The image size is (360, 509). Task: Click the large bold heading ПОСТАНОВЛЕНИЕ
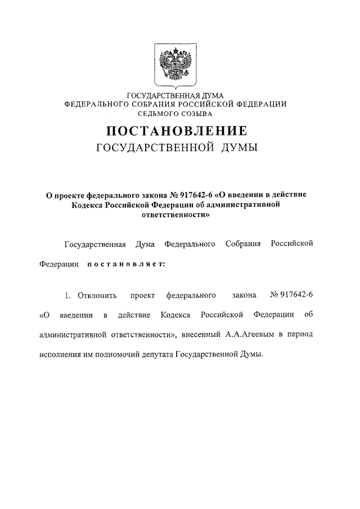[176, 131]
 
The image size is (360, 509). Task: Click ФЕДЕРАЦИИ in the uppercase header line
[259, 104]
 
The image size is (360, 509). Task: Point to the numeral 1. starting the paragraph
[66, 295]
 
